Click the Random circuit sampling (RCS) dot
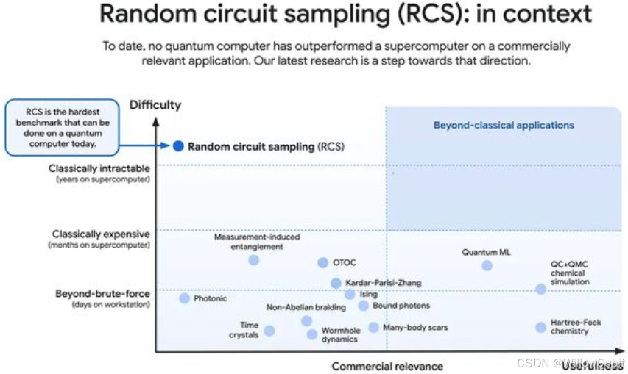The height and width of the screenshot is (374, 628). pos(178,146)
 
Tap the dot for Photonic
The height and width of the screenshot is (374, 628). pos(185,298)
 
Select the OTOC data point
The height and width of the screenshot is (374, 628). pos(322,263)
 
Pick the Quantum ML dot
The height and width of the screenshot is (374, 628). pos(487,265)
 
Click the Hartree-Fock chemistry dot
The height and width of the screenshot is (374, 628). pos(541,327)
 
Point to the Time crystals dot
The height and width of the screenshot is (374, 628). pos(269,331)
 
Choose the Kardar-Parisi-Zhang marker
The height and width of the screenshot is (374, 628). pos(336,283)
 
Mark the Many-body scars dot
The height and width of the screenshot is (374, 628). pos(374,327)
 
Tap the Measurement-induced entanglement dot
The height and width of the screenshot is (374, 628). pos(254,259)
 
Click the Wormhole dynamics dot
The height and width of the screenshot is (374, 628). pos(312,334)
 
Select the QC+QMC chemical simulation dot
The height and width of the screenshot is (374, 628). pos(541,289)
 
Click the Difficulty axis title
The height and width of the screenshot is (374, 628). pos(155,105)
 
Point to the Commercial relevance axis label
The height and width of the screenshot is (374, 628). pos(387,366)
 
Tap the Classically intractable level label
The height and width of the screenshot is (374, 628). pos(99,168)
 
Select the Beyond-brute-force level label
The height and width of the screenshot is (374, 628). pos(102,294)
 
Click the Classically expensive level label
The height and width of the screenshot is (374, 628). pos(101,234)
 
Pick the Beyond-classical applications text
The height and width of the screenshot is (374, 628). pos(504,125)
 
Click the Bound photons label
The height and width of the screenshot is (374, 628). pos(401,306)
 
